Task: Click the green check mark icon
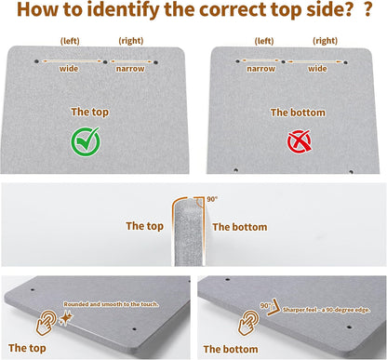point(86,141)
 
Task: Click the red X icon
point(299,141)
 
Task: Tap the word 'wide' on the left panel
point(69,69)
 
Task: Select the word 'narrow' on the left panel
point(130,69)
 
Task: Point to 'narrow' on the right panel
point(260,69)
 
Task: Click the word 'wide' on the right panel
point(317,69)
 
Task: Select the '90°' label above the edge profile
point(212,199)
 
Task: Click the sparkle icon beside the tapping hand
point(66,318)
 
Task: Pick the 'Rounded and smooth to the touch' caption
point(111,304)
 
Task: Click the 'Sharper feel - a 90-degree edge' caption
point(327,310)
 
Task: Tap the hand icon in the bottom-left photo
point(46,323)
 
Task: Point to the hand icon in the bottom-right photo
point(248,323)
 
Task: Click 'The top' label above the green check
point(90,112)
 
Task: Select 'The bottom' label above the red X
point(298,113)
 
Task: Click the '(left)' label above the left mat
point(70,41)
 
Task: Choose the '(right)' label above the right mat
point(325,41)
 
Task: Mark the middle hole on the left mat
point(105,62)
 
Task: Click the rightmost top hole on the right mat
point(345,62)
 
